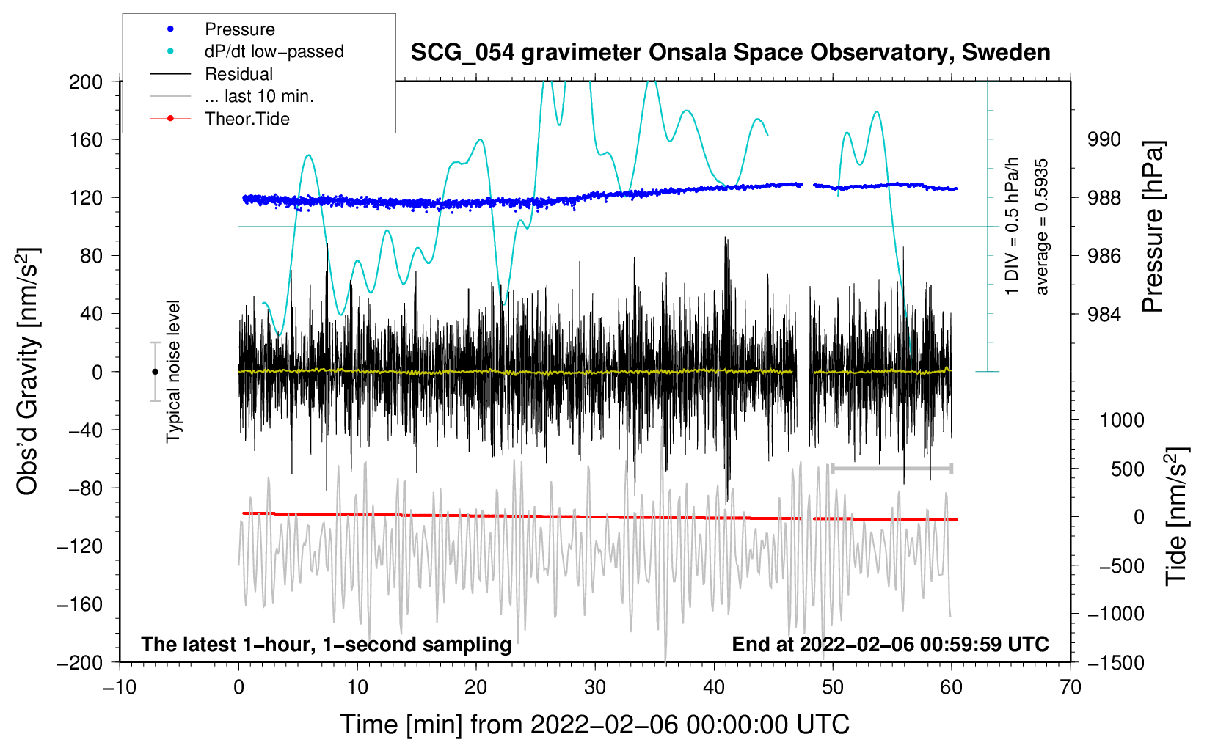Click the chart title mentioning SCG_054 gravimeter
[x=730, y=53]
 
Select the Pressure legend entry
[x=212, y=29]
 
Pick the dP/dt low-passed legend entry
[x=247, y=51]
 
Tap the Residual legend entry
[x=211, y=74]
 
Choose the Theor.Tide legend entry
[x=219, y=119]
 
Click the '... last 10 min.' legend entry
[x=232, y=96]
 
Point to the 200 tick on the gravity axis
[x=86, y=82]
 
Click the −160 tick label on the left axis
[x=80, y=604]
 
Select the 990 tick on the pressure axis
[x=1104, y=140]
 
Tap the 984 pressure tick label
[x=1104, y=314]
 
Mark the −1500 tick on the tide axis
[x=1116, y=663]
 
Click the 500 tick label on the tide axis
[x=1128, y=469]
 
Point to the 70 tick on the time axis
[x=1070, y=687]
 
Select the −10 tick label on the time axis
[x=120, y=687]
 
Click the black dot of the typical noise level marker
[x=155, y=372]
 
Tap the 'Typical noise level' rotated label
[x=173, y=372]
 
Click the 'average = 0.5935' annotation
[x=1040, y=227]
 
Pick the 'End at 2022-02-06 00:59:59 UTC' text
[x=890, y=644]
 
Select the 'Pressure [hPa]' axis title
[x=1152, y=227]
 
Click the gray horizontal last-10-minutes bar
[x=891, y=469]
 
